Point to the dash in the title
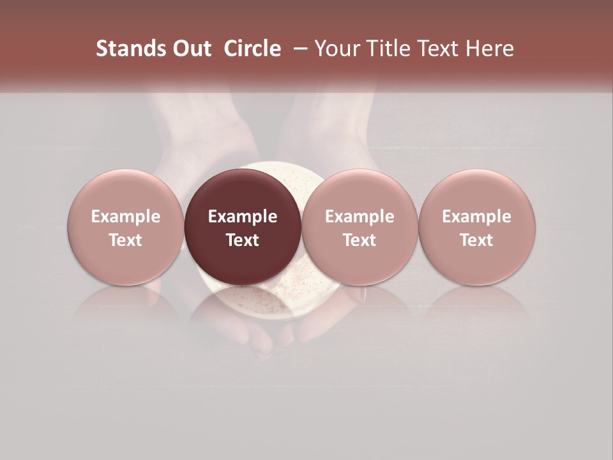(298, 49)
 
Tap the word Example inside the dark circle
(243, 217)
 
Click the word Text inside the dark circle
(243, 240)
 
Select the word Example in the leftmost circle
(126, 217)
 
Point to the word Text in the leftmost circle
(126, 240)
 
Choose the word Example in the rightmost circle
(477, 217)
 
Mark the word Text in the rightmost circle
(477, 240)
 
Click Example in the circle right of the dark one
(359, 217)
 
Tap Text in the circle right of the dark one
(359, 240)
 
